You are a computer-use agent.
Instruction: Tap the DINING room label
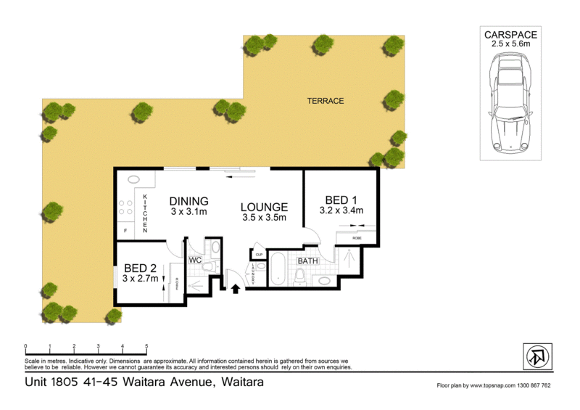pyautogui.click(x=189, y=201)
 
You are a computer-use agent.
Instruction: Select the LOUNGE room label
pyautogui.click(x=265, y=207)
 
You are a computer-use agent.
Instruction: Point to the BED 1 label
pyautogui.click(x=341, y=200)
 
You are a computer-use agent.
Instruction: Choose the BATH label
pyautogui.click(x=307, y=261)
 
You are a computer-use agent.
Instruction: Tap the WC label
pyautogui.click(x=194, y=260)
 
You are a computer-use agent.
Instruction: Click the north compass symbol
pyautogui.click(x=538, y=358)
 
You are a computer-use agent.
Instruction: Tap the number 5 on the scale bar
pyautogui.click(x=146, y=346)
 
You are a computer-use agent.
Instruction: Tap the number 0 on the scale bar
pyautogui.click(x=25, y=346)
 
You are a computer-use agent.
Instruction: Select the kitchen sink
pyautogui.click(x=134, y=180)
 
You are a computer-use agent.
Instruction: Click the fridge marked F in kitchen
pyautogui.click(x=126, y=231)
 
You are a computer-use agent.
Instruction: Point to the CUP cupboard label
pyautogui.click(x=258, y=255)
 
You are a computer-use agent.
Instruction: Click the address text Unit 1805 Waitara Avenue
pyautogui.click(x=144, y=382)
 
